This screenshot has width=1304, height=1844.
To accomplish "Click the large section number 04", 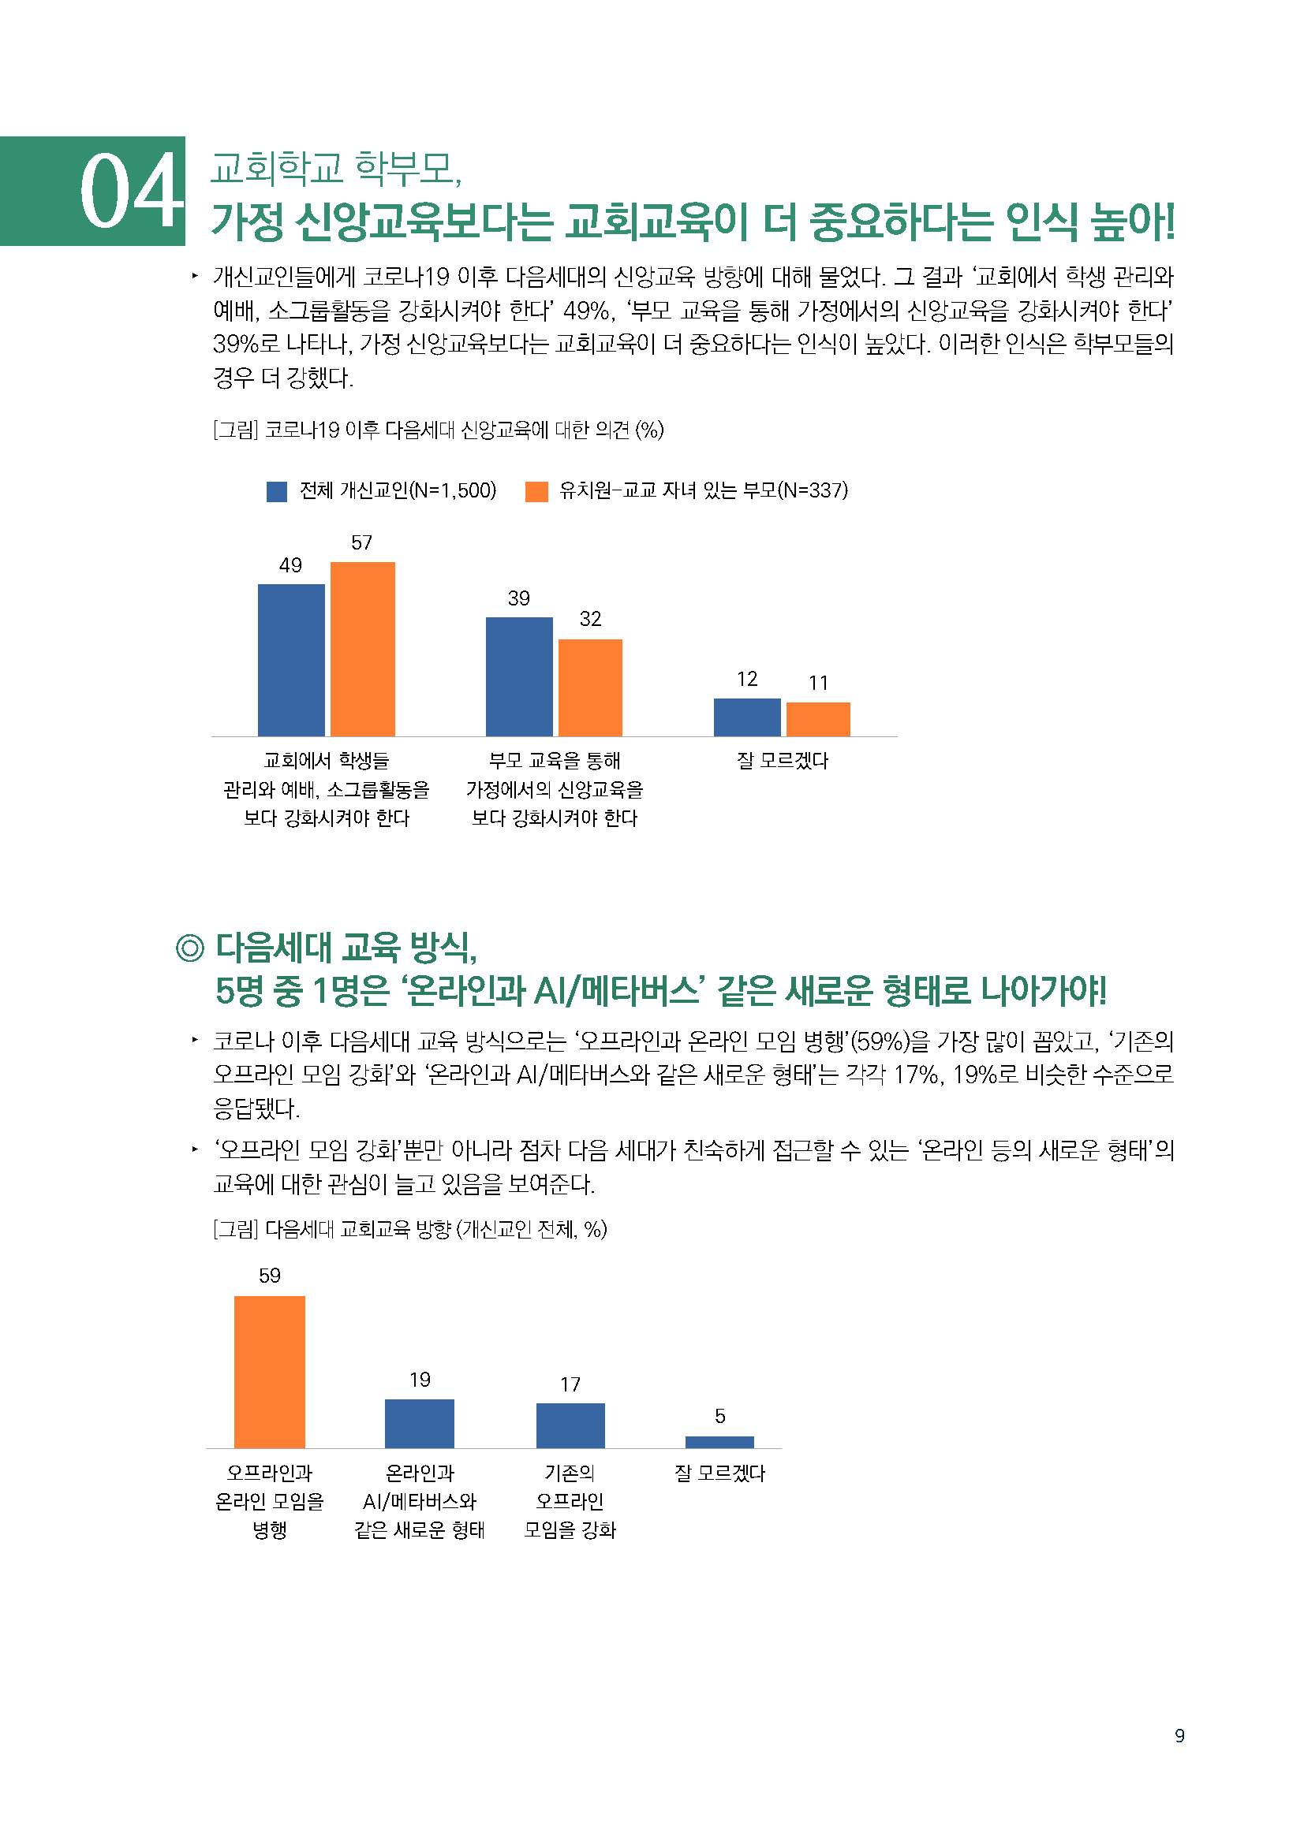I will click(x=131, y=191).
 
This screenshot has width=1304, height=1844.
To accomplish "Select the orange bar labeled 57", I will click(x=362, y=649).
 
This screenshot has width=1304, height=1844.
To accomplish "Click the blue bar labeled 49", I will click(x=291, y=659).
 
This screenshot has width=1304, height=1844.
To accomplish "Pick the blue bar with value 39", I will click(x=519, y=676).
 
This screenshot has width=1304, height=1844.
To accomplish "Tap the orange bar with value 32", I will click(x=590, y=687).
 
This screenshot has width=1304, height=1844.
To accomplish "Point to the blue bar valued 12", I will click(x=746, y=717).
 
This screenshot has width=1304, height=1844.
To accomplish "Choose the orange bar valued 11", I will click(x=818, y=719).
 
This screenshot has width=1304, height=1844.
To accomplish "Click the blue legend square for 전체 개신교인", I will click(x=276, y=491).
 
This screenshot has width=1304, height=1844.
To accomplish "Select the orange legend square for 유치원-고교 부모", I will click(x=536, y=491).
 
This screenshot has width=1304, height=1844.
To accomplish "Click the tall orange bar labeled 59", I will click(x=269, y=1372).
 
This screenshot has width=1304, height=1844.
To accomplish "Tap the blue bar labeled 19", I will click(x=420, y=1423).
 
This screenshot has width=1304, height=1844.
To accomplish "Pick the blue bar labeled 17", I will click(x=570, y=1425).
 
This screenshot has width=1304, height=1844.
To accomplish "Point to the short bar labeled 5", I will click(x=719, y=1442).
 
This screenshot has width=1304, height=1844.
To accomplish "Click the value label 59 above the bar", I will click(x=269, y=1276).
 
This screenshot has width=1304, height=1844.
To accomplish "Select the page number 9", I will click(x=1179, y=1735).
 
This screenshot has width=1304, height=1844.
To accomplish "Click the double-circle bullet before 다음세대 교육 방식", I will click(x=190, y=948).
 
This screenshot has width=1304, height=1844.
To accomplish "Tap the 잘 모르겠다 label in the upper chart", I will click(x=782, y=761).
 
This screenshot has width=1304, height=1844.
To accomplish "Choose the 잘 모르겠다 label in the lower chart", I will click(x=719, y=1473).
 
